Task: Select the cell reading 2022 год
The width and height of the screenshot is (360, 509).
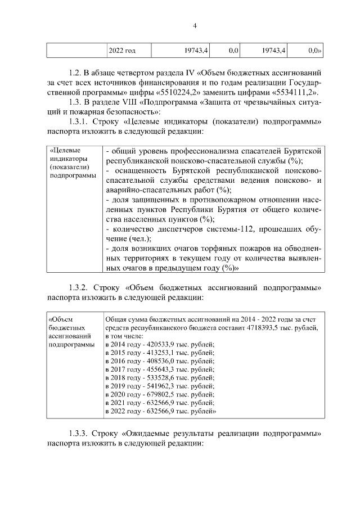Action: tap(122, 51)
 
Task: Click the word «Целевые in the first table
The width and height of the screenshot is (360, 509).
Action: tap(65, 151)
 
